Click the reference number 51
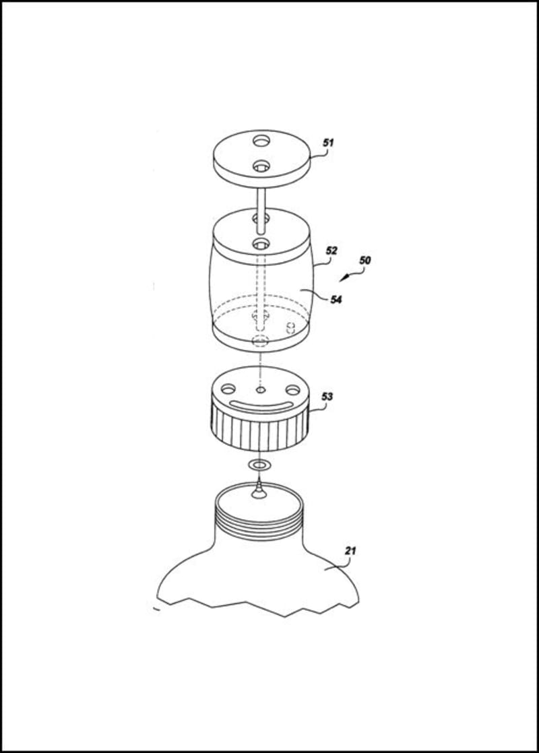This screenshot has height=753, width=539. (328, 143)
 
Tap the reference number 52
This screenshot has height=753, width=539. (331, 250)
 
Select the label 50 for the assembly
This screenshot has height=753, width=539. (365, 260)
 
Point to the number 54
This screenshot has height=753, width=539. (336, 299)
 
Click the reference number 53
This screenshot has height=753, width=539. (327, 397)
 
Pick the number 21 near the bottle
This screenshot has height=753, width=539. (350, 550)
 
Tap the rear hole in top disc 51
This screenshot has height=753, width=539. (261, 141)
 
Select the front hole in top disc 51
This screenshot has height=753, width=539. (261, 166)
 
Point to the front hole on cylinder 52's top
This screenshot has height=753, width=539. (261, 243)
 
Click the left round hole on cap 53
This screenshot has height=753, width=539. (228, 388)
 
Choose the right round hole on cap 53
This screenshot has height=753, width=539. (292, 389)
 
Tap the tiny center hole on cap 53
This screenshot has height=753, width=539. (260, 389)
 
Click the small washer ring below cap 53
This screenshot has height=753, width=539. (259, 464)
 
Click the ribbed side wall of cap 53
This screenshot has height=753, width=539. (260, 429)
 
